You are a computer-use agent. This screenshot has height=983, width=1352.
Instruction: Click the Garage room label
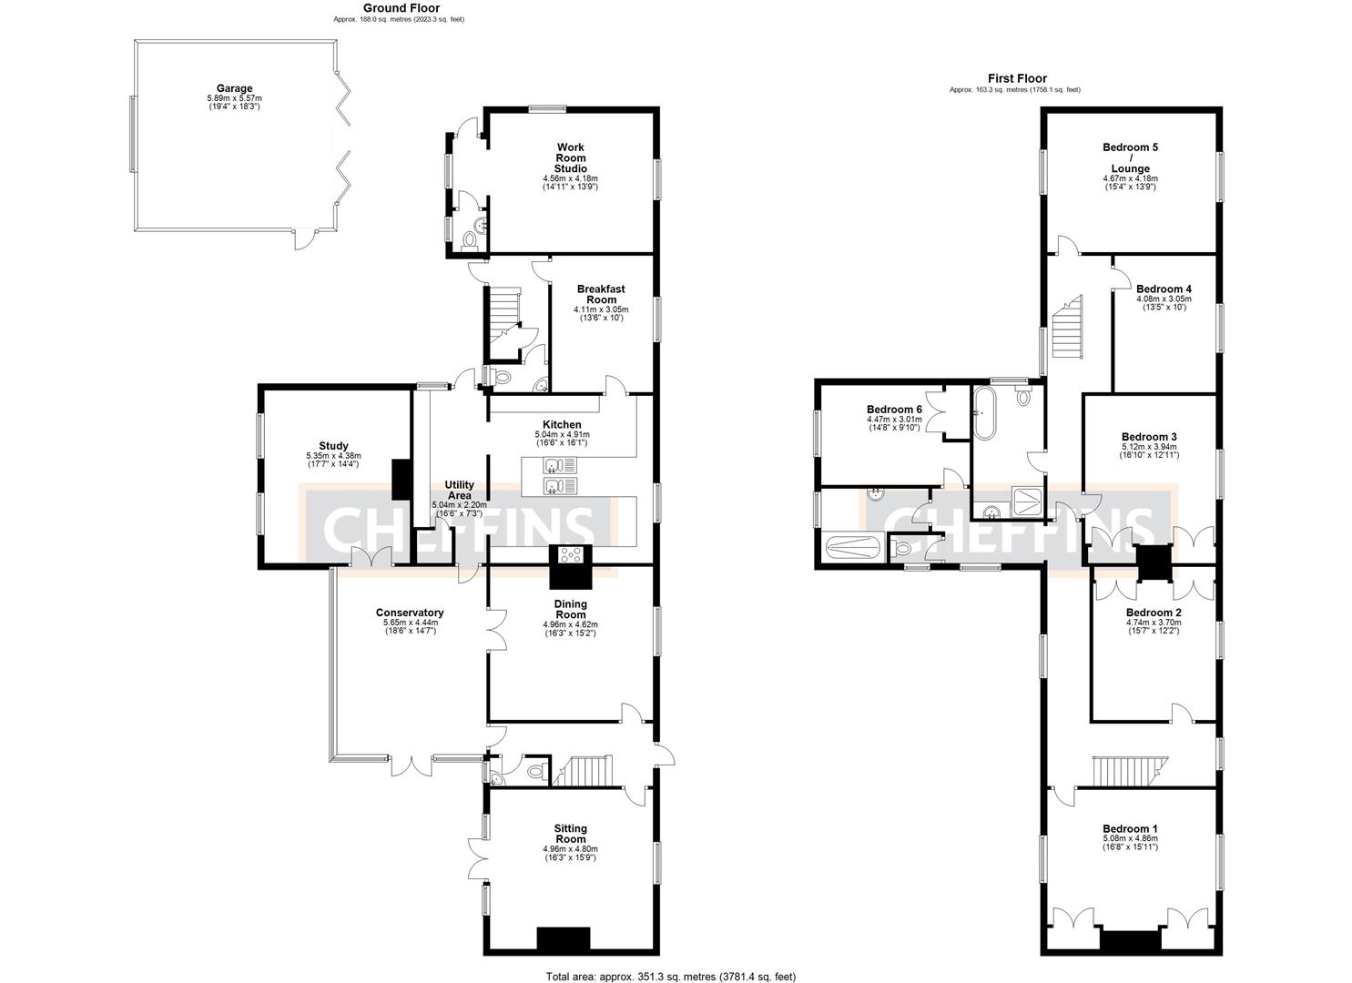[234, 89]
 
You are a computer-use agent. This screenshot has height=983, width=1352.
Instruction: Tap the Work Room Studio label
[571, 157]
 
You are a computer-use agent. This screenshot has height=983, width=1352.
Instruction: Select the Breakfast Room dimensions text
[601, 313]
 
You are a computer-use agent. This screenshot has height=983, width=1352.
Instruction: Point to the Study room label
[333, 446]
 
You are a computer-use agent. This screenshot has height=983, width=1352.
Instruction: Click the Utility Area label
[459, 490]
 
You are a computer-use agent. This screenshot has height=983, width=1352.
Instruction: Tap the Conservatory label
[410, 613]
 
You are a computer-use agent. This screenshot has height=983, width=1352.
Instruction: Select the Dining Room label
[571, 609]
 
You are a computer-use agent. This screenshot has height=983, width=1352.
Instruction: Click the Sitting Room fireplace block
[564, 938]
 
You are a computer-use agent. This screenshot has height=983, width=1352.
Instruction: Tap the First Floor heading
[1017, 79]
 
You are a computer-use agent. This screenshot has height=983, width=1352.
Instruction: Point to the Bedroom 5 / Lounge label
[1130, 157]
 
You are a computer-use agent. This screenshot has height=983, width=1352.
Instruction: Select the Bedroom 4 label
[1164, 289]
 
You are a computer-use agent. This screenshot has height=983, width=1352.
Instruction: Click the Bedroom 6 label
[894, 410]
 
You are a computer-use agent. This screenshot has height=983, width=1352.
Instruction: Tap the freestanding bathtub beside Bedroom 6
[984, 411]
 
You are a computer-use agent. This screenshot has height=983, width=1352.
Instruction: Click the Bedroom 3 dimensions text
[1149, 451]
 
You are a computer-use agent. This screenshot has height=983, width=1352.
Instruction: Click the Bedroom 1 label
[1130, 828]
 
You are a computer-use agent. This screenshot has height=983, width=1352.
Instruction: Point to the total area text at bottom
[670, 977]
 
